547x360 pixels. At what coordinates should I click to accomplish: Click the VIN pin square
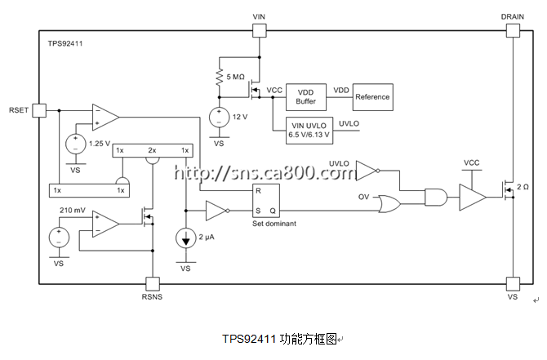pyautogui.click(x=259, y=30)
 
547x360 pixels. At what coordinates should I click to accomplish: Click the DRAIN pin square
pyautogui.click(x=513, y=30)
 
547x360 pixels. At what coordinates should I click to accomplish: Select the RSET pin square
pyautogui.click(x=39, y=110)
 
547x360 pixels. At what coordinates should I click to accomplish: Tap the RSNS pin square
pyautogui.click(x=153, y=284)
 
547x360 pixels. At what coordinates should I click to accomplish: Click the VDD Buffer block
pyautogui.click(x=306, y=97)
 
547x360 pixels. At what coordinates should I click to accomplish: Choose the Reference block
pyautogui.click(x=372, y=97)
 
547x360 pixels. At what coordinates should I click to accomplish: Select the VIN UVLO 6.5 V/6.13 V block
pyautogui.click(x=309, y=131)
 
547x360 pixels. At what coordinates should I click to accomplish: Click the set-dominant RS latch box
pyautogui.click(x=266, y=201)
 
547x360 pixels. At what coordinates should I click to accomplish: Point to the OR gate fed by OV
pyautogui.click(x=389, y=204)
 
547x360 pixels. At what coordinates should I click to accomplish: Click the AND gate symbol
pyautogui.click(x=436, y=197)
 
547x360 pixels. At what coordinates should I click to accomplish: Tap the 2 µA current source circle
pyautogui.click(x=185, y=238)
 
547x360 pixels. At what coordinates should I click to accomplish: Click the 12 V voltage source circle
pyautogui.click(x=219, y=118)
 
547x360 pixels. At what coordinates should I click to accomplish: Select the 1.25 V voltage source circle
pyautogui.click(x=75, y=144)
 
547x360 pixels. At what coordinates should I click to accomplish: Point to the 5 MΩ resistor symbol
pyautogui.click(x=220, y=78)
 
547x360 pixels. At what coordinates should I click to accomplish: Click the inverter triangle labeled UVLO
pyautogui.click(x=367, y=171)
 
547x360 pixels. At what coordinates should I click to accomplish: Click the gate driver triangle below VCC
pyautogui.click(x=472, y=197)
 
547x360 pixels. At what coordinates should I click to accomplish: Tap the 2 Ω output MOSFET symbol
pyautogui.click(x=508, y=190)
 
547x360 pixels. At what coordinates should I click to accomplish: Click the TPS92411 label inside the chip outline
pyautogui.click(x=65, y=43)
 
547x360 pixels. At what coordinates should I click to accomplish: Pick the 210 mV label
pyautogui.click(x=72, y=210)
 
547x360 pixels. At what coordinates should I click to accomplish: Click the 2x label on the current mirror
pyautogui.click(x=152, y=150)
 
